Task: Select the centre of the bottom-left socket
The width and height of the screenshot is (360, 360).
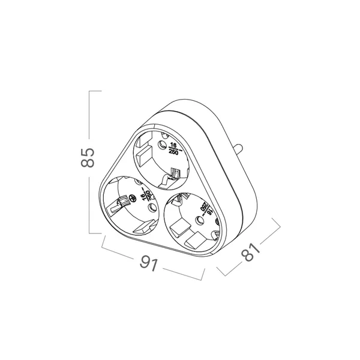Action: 130,206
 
